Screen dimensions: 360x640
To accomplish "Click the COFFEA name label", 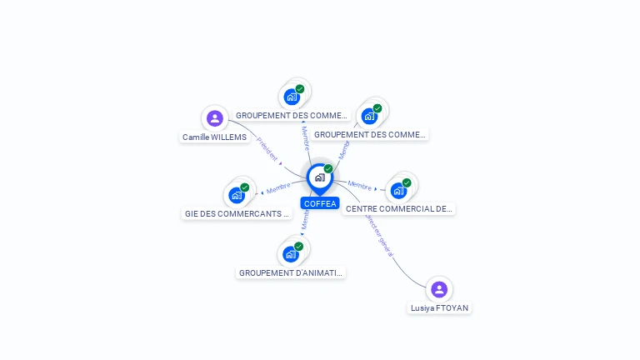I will pos(320,203).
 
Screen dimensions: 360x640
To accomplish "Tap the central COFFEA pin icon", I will pos(319,177).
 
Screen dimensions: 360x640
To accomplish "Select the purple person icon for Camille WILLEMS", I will pos(215,118).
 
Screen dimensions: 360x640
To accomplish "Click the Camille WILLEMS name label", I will pos(215,137).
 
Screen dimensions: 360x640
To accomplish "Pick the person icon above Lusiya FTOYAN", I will pos(439,289).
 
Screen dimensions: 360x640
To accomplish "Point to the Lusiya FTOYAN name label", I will pos(439,308).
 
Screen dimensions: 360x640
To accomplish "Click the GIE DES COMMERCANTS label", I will pos(237,214).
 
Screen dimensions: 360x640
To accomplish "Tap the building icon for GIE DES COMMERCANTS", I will pos(237,196).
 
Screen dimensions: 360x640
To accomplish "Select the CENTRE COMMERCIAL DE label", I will pos(399,209).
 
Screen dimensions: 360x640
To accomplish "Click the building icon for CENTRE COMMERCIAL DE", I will pos(398,191).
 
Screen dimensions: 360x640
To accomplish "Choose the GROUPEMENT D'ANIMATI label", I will pos(290,273).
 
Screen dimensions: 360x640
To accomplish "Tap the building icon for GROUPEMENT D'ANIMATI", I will pos(291,254).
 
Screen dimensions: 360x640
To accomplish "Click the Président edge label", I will pos(267,150).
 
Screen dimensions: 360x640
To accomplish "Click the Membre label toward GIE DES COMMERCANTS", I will pos(278,188).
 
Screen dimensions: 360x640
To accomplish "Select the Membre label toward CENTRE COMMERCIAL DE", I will pos(360,186).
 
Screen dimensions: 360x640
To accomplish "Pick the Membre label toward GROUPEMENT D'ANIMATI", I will pos(305,221).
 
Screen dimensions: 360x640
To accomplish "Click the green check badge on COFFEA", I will pos(328,169).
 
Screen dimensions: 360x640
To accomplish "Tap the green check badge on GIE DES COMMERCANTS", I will pos(245,187).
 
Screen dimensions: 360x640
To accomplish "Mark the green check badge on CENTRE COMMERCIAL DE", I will pos(407,182).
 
